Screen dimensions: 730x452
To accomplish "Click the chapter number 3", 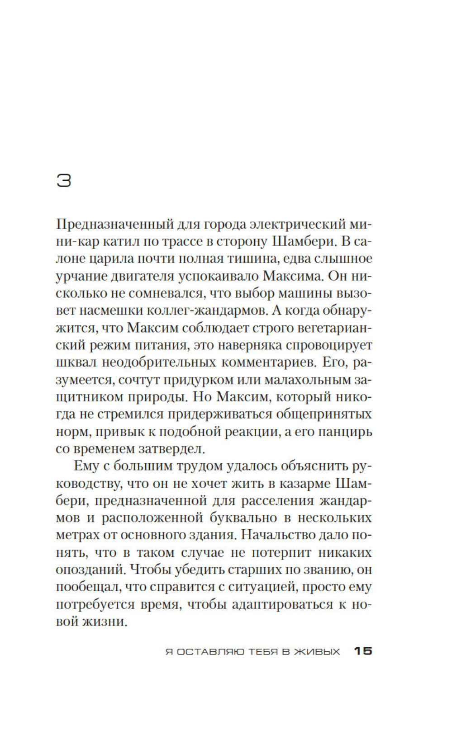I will [64, 180].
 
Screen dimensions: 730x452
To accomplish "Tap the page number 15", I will [362, 651].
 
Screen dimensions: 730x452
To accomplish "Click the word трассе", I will [179, 241].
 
